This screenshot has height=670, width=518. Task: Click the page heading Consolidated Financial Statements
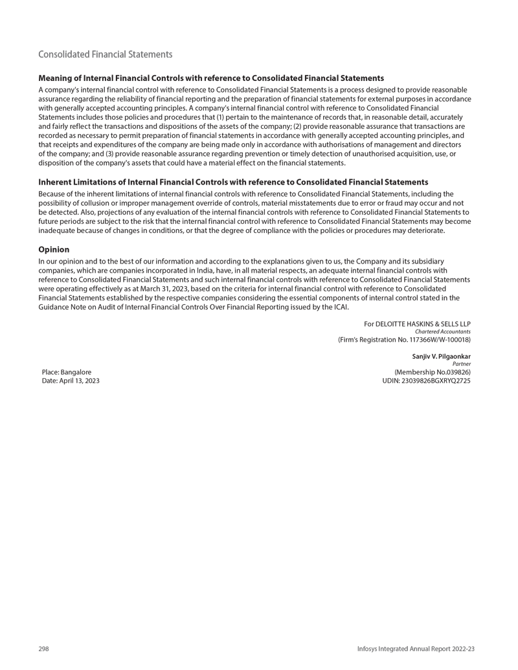coord(105,54)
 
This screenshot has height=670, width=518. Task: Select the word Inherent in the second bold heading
coord(59,183)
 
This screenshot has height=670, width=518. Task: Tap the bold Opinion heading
coord(54,249)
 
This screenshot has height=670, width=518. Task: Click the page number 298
coord(45,649)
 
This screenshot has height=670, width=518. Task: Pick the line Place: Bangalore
coord(66,372)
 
